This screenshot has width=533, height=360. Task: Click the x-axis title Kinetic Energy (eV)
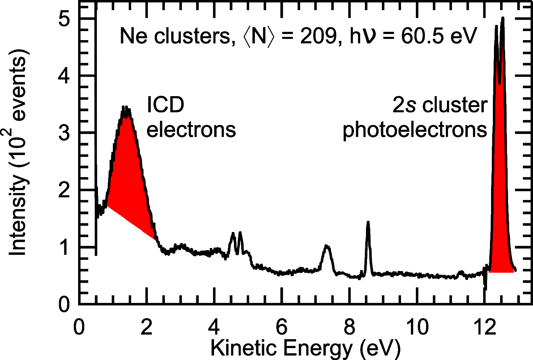coord(306,348)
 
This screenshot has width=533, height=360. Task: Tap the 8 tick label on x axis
coord(349,327)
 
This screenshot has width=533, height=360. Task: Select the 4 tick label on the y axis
coord(64,76)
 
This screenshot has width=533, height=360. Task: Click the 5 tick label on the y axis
coord(64,19)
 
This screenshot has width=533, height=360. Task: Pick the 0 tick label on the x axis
coord(78,327)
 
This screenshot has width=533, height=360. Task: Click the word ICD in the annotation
coord(165,105)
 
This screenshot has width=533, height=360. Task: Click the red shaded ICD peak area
coord(128,173)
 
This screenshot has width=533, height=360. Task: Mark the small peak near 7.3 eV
coord(327,253)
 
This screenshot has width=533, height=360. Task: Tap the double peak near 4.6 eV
coord(236,241)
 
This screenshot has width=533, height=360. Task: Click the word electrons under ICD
coord(191,129)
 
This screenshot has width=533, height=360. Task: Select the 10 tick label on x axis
coord(417,327)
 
